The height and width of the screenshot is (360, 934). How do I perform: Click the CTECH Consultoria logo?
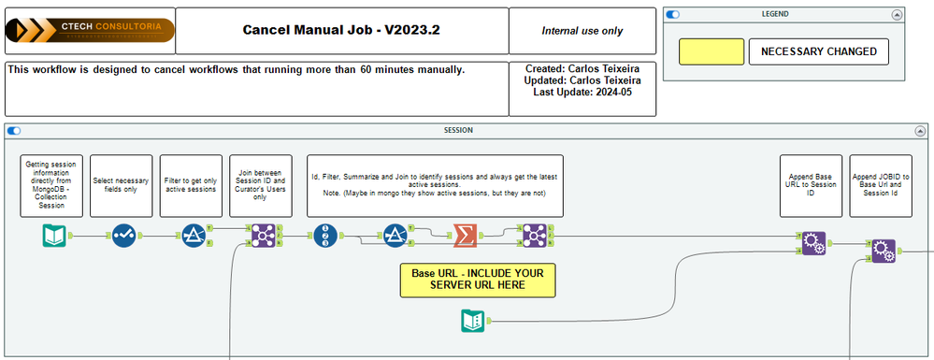90,31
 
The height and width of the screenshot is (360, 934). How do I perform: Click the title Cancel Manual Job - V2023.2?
341,30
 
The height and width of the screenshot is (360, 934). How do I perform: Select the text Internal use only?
582,31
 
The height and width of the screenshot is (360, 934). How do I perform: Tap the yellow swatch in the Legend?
711,51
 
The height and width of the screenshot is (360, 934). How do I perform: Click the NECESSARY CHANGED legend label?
818,51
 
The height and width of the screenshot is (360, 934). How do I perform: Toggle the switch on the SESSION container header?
15,130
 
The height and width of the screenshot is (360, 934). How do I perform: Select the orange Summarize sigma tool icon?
464,236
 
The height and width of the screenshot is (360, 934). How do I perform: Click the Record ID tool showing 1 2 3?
325,236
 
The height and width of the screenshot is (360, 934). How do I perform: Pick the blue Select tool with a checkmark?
123,236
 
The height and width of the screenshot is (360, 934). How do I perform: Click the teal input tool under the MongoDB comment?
53,236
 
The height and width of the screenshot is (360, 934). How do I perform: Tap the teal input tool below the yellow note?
473,322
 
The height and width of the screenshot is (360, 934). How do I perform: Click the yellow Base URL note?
477,279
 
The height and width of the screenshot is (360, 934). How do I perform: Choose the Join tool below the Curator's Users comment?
260,236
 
